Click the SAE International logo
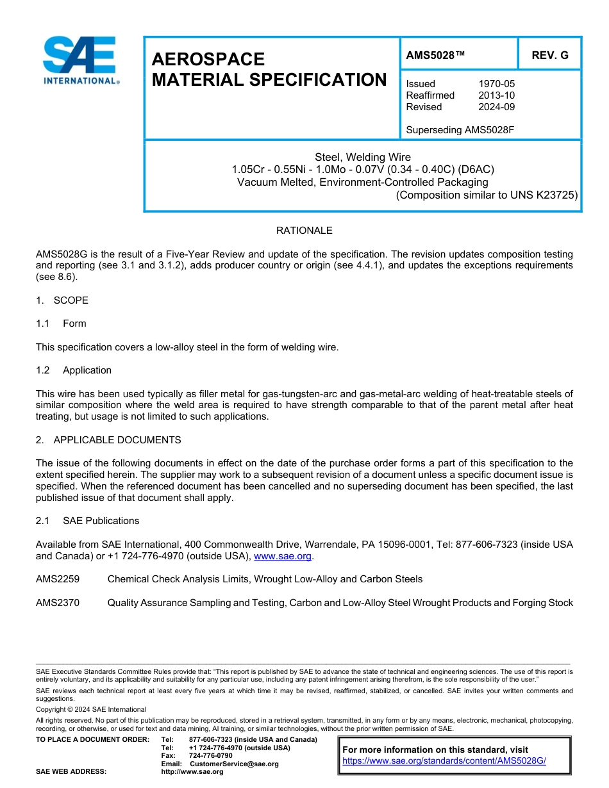(x=79, y=60)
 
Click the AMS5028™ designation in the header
(x=435, y=55)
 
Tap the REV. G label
(x=549, y=55)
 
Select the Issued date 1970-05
(x=496, y=84)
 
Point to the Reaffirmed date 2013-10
(x=496, y=95)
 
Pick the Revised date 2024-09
(x=496, y=107)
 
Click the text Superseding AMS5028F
(x=460, y=130)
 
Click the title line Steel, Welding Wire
(x=363, y=157)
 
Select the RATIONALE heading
(x=304, y=231)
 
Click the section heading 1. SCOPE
(x=62, y=300)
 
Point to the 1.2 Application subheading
(x=74, y=370)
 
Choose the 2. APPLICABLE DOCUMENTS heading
(x=108, y=440)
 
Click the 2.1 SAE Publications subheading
(x=87, y=521)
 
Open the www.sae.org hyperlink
(x=283, y=556)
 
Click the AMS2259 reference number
(x=58, y=579)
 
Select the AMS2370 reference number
(x=58, y=603)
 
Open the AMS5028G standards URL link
(x=444, y=761)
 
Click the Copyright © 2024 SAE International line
(x=91, y=709)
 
